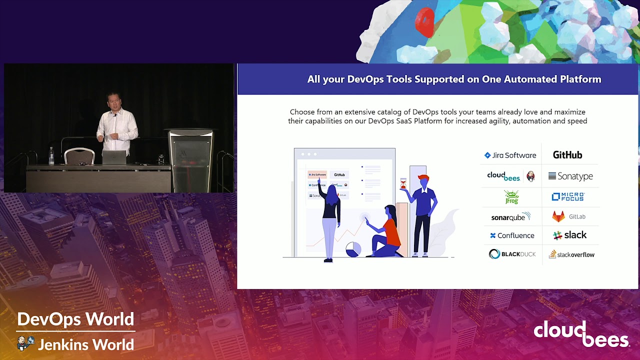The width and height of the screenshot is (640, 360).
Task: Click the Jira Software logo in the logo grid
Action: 510,155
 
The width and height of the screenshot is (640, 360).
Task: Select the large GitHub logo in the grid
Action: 567,155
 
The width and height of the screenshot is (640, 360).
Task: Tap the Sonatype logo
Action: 570,176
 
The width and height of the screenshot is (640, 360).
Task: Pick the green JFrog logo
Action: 511,197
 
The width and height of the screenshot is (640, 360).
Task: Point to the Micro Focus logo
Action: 568,197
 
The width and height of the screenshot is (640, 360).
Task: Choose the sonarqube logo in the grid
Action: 510,217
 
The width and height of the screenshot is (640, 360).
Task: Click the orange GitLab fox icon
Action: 558,216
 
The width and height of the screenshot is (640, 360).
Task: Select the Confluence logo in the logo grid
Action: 512,235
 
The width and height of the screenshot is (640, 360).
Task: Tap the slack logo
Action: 570,235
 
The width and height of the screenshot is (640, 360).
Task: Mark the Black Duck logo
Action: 512,254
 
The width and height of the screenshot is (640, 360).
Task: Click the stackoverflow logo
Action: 571,254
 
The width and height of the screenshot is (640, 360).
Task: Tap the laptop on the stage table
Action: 114,157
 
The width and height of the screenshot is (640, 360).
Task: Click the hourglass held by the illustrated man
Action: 403,183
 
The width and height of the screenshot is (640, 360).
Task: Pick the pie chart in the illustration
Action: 353,249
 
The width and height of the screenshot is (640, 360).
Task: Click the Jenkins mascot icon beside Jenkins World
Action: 25,343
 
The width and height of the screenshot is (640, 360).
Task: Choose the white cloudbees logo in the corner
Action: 581,334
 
